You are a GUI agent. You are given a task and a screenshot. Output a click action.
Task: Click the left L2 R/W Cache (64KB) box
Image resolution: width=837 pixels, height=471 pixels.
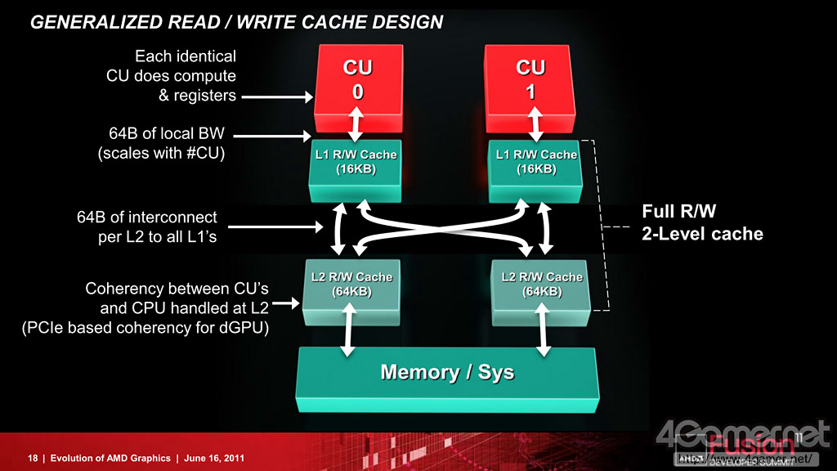[x=351, y=285]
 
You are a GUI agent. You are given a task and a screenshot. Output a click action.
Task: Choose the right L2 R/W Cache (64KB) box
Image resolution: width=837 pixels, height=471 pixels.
[x=542, y=285]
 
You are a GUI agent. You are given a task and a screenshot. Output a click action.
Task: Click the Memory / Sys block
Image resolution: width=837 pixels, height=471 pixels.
[x=447, y=374]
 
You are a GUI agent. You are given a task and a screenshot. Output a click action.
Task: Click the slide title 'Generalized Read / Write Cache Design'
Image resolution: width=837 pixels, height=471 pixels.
[x=236, y=23]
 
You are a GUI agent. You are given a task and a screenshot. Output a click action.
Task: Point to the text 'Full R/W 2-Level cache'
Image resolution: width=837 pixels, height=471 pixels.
[x=702, y=223]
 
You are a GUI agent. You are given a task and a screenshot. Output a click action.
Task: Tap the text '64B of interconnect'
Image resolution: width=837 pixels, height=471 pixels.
[x=146, y=218]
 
